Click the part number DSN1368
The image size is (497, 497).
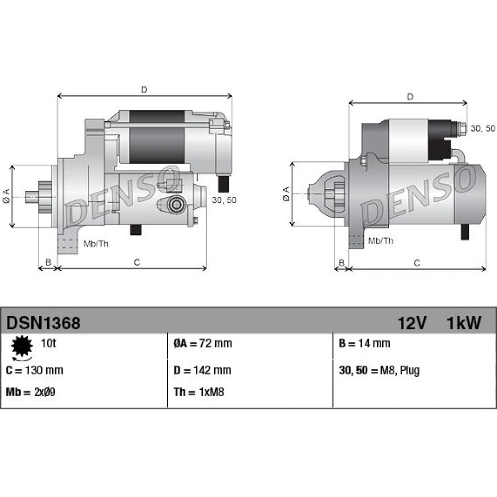tap(43, 323)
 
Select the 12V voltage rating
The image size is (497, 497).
tap(412, 323)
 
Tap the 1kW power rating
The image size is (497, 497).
tap(464, 323)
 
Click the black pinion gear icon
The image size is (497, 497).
tap(22, 346)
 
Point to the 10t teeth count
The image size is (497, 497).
tap(48, 343)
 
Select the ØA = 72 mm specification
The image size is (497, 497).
tap(203, 343)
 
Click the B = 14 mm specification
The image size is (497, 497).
tap(364, 343)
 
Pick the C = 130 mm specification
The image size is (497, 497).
tap(34, 370)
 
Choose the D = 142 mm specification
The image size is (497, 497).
tap(202, 370)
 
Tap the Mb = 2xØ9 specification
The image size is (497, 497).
tap(30, 392)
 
